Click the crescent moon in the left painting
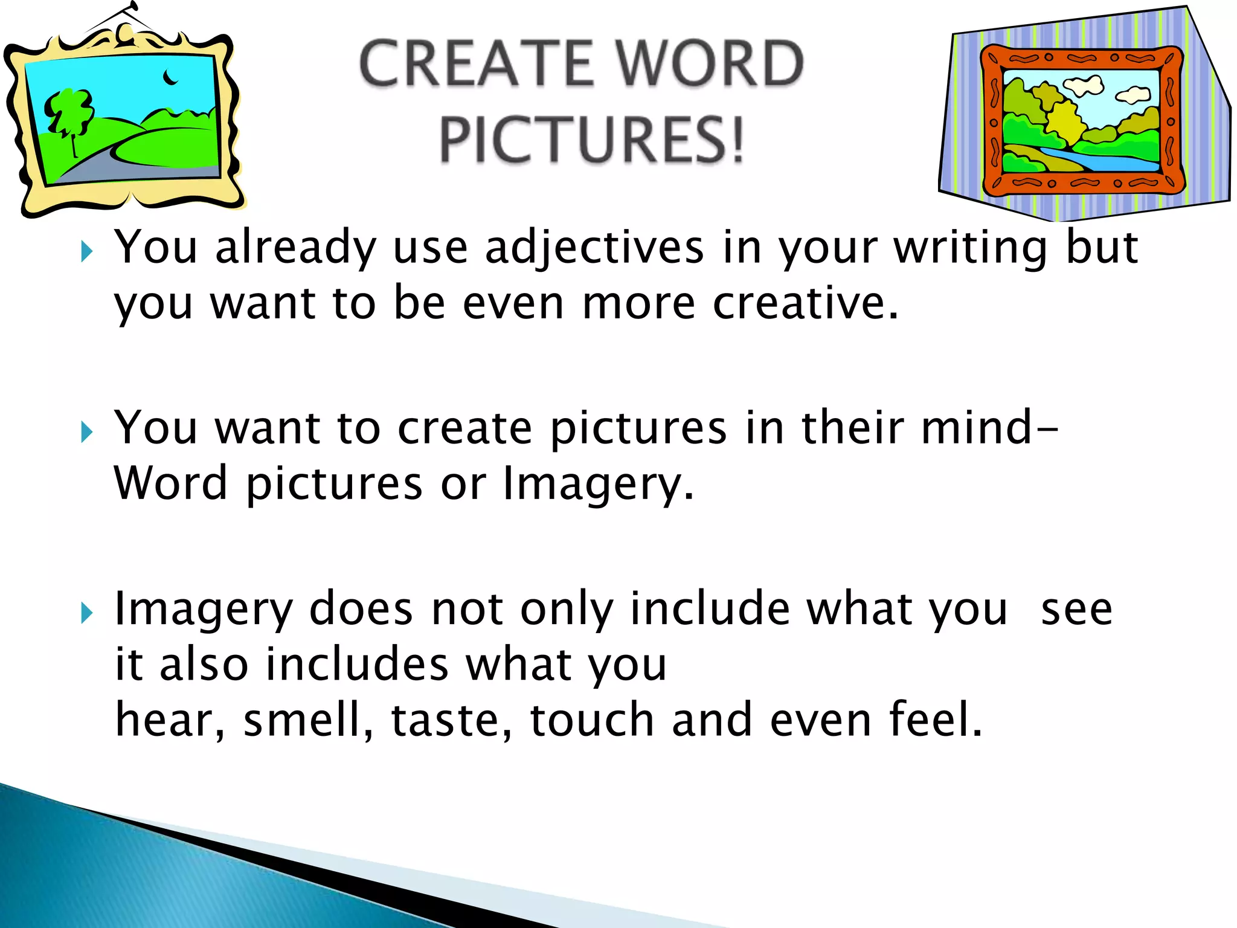pyautogui.click(x=171, y=78)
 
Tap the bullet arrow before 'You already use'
pyautogui.click(x=86, y=251)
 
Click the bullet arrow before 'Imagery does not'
pyautogui.click(x=86, y=613)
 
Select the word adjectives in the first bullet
pyautogui.click(x=594, y=248)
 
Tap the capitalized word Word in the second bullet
pyautogui.click(x=171, y=483)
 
